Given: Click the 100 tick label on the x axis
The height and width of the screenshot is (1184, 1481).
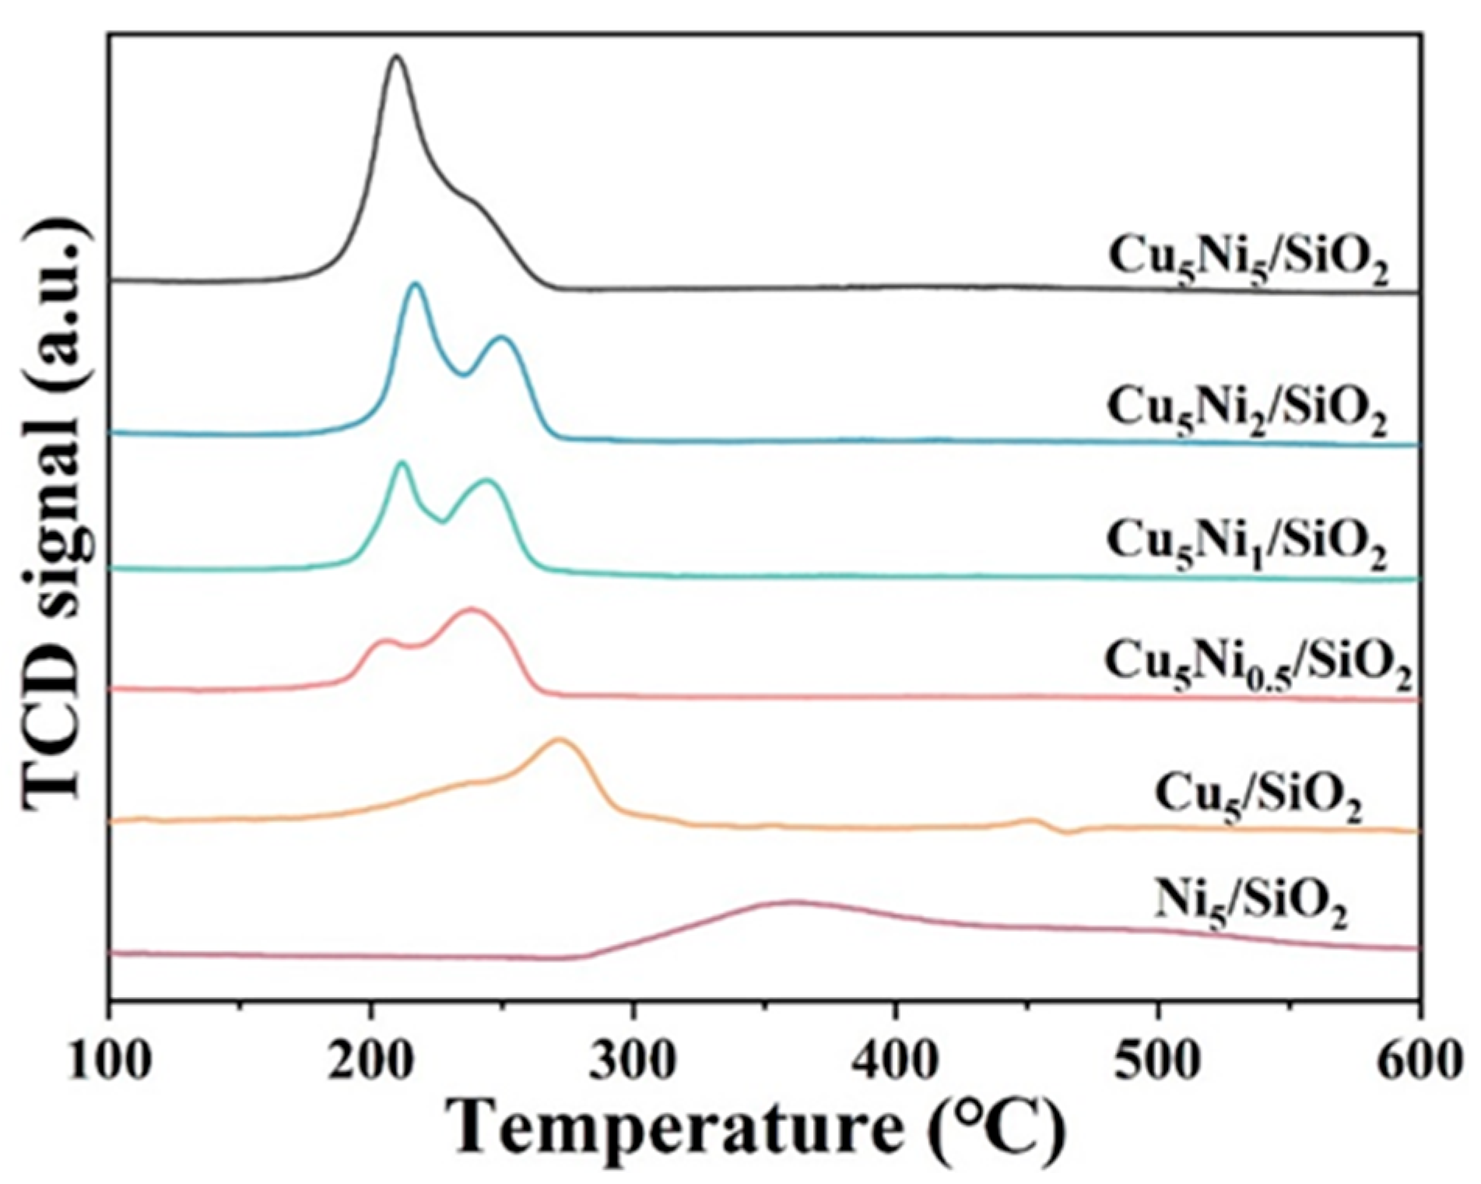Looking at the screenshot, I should (110, 1062).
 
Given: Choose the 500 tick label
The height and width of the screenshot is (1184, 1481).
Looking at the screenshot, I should (1157, 1062).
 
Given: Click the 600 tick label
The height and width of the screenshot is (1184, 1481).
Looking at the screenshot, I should (1418, 1062).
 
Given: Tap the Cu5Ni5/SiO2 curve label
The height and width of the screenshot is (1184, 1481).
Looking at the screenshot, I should (1248, 262).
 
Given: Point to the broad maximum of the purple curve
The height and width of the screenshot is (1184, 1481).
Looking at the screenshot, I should (794, 902).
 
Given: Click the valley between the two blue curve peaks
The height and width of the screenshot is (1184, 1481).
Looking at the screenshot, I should (464, 374).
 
